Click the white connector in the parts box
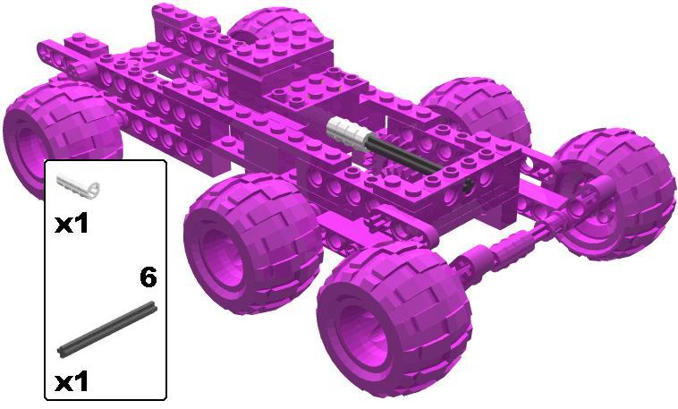[78, 185]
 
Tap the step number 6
[148, 277]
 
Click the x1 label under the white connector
[72, 225]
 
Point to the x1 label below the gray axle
[72, 382]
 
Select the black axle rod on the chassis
[403, 154]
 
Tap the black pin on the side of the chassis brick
[467, 187]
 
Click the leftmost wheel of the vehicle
[61, 130]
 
